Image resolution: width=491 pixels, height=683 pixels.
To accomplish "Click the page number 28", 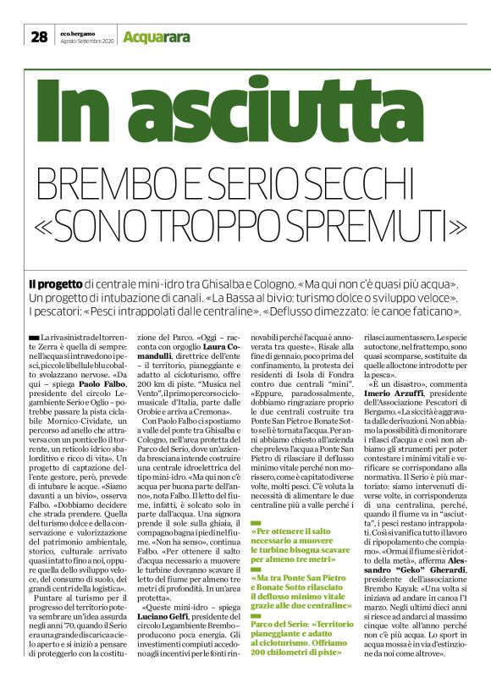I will tap(40, 36).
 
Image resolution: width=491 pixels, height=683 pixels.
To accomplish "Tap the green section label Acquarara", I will tap(152, 36).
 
